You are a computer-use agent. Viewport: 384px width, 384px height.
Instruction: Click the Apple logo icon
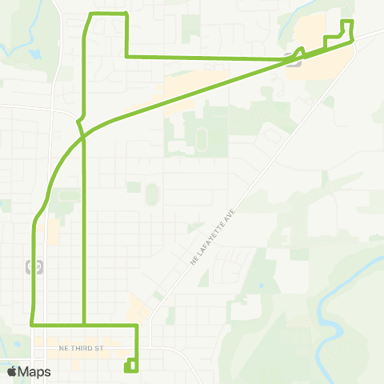coord(12,371)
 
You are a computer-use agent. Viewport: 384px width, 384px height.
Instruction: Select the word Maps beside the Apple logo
coord(34,371)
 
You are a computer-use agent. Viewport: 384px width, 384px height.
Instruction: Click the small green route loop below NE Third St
coord(130,367)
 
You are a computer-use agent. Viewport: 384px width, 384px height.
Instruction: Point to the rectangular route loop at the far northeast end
coord(347,28)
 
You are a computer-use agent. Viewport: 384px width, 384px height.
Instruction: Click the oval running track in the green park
coord(200,136)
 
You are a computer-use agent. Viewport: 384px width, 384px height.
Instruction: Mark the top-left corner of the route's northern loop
coord(90,15)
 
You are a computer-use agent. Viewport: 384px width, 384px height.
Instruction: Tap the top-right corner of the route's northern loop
coord(126,15)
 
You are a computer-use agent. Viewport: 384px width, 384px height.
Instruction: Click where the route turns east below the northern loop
coord(126,56)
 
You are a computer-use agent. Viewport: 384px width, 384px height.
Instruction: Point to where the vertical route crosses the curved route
coord(83,138)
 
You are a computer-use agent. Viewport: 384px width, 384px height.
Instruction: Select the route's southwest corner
coord(33,325)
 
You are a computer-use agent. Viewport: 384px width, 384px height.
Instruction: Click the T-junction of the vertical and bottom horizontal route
coord(84,325)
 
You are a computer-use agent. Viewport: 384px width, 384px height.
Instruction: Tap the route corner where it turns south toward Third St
coord(137,326)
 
